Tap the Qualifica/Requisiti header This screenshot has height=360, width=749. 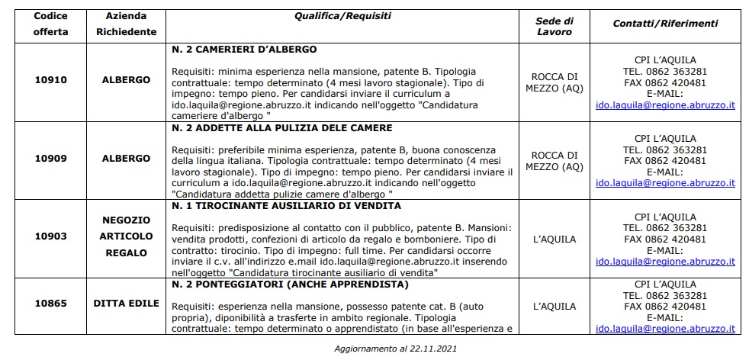pos(342,15)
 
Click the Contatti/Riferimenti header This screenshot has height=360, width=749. pos(664,24)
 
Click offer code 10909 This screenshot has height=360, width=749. pos(51,159)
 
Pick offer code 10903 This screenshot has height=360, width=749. pos(51,239)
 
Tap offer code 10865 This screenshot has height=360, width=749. pos(51,303)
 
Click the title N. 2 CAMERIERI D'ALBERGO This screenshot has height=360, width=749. pos(244,50)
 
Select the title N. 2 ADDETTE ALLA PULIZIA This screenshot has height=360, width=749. pos(281,127)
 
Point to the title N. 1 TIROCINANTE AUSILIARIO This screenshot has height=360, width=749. pos(286,205)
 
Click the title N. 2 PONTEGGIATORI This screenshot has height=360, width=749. pos(290,284)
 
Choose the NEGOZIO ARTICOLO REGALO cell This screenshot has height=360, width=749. pos(127,236)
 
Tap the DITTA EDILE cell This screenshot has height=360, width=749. pos(126,303)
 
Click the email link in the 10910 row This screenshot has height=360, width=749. pos(664,105)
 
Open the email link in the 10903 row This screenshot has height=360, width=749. pos(664,261)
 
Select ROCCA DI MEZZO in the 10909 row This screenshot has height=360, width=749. pos(554,161)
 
